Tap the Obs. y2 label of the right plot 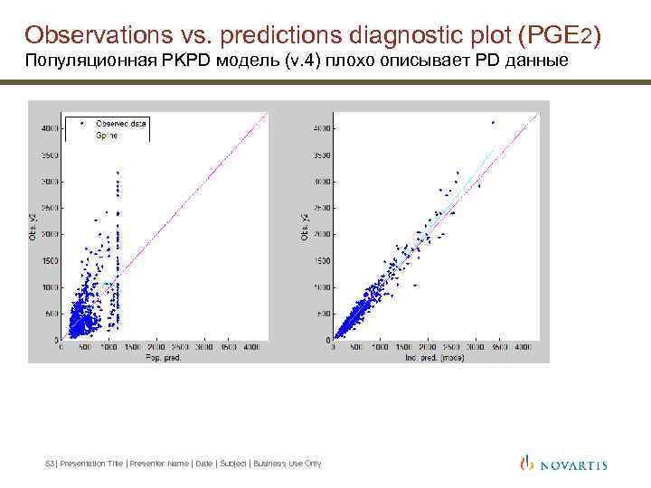(x=305, y=226)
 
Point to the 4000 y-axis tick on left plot (x=51, y=127)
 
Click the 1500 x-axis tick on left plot (x=132, y=346)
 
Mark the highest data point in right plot (x=493, y=122)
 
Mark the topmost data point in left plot (x=118, y=172)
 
